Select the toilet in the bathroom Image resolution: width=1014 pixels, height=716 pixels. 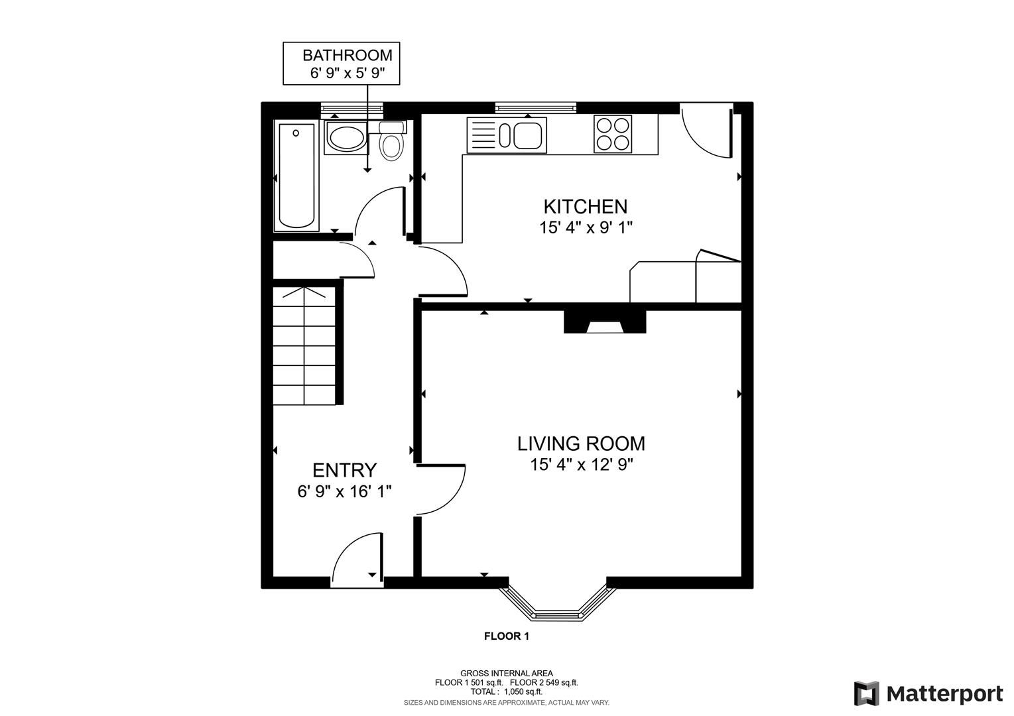point(391,144)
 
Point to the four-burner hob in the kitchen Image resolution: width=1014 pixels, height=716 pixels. point(612,135)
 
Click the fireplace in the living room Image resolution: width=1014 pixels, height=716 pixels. point(604,323)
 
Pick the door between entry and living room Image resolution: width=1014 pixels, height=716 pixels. point(441,490)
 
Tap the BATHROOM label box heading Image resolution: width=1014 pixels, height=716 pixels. point(347,55)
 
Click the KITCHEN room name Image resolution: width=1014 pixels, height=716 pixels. point(585,206)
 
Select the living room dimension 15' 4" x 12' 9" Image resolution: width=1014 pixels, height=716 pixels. point(582,465)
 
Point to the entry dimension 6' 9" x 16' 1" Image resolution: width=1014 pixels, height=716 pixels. point(344,491)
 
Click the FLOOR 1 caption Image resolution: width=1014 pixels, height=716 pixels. point(506,636)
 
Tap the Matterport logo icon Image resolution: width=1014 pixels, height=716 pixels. point(866,693)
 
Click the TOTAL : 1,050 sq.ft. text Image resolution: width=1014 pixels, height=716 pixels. point(506,691)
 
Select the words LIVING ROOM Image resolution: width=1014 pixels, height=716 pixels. point(581,443)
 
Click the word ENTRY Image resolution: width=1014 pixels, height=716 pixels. point(344,470)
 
